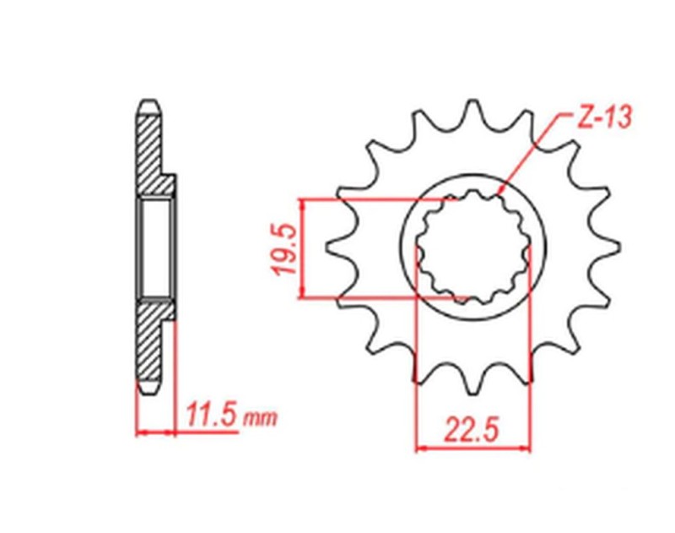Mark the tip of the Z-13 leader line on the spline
tap(501, 193)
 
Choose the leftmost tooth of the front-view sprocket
tap(331, 250)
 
